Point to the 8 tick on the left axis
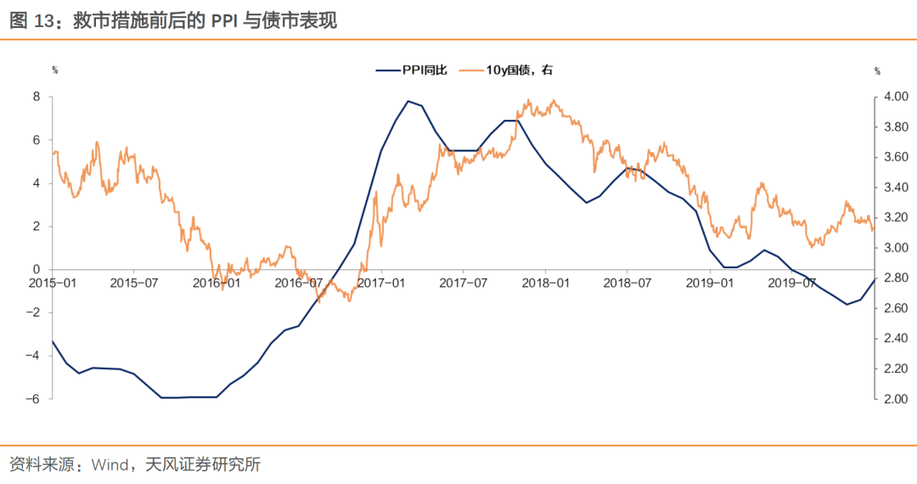pyautogui.click(x=37, y=97)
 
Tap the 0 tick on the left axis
pyautogui.click(x=37, y=269)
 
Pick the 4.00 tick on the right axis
pyautogui.click(x=895, y=97)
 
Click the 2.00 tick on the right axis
pyautogui.click(x=895, y=399)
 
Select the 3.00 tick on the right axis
pyautogui.click(x=895, y=248)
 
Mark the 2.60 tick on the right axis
pyautogui.click(x=895, y=308)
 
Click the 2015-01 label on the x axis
pyautogui.click(x=53, y=283)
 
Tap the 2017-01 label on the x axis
pyautogui.click(x=382, y=283)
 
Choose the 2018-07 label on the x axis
pyautogui.click(x=627, y=283)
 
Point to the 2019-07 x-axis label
pyautogui.click(x=792, y=283)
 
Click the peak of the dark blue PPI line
pyautogui.click(x=408, y=101)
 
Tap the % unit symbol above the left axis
pyautogui.click(x=55, y=70)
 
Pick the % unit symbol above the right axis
pyautogui.click(x=877, y=70)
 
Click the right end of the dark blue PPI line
pyautogui.click(x=875, y=279)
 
